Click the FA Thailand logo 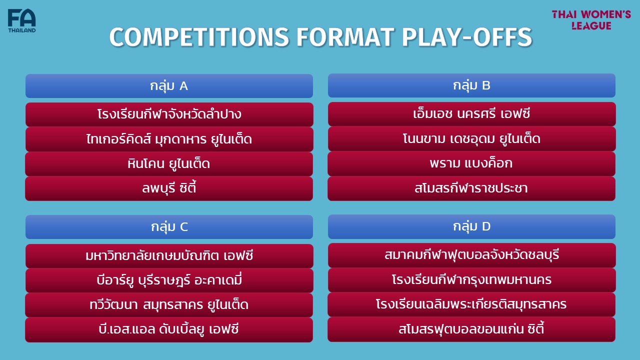[x=21, y=20]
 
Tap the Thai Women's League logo [x=591, y=20]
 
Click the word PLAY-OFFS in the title [x=467, y=37]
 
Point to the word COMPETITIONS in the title [x=199, y=37]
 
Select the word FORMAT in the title [x=345, y=37]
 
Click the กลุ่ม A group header [x=169, y=86]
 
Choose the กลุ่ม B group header [x=471, y=85]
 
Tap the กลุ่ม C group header [x=169, y=227]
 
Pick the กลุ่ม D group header [x=471, y=226]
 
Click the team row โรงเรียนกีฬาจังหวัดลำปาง [x=169, y=114]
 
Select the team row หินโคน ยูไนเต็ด [x=169, y=163]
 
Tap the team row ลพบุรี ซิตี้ [x=169, y=188]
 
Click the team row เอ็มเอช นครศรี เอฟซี [x=471, y=113]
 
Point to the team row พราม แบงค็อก [x=471, y=163]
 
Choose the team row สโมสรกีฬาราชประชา [x=471, y=188]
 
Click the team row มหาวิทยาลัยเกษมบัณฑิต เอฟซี [x=169, y=255]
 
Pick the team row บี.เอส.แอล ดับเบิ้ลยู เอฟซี [x=169, y=329]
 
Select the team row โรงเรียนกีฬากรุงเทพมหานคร [x=471, y=280]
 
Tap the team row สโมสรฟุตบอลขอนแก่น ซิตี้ [x=471, y=329]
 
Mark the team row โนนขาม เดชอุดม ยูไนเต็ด [x=471, y=139]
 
